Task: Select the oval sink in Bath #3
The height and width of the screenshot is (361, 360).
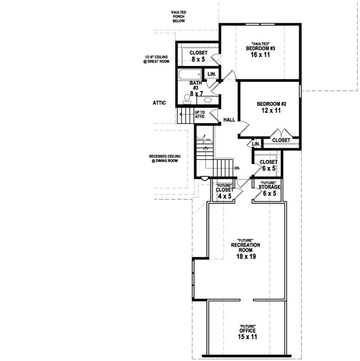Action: coord(208,100)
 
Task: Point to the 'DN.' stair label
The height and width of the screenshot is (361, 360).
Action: coord(237,168)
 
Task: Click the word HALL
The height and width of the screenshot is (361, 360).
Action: coord(229,120)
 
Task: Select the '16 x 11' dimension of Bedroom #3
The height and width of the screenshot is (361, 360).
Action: coord(260,55)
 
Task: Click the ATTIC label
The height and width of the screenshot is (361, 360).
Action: coord(160,103)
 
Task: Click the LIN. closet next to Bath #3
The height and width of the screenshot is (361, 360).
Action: coord(212,74)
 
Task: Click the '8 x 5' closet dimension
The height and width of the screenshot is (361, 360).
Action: coord(198,59)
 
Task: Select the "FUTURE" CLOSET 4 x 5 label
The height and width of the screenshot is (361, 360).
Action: coord(225,191)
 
